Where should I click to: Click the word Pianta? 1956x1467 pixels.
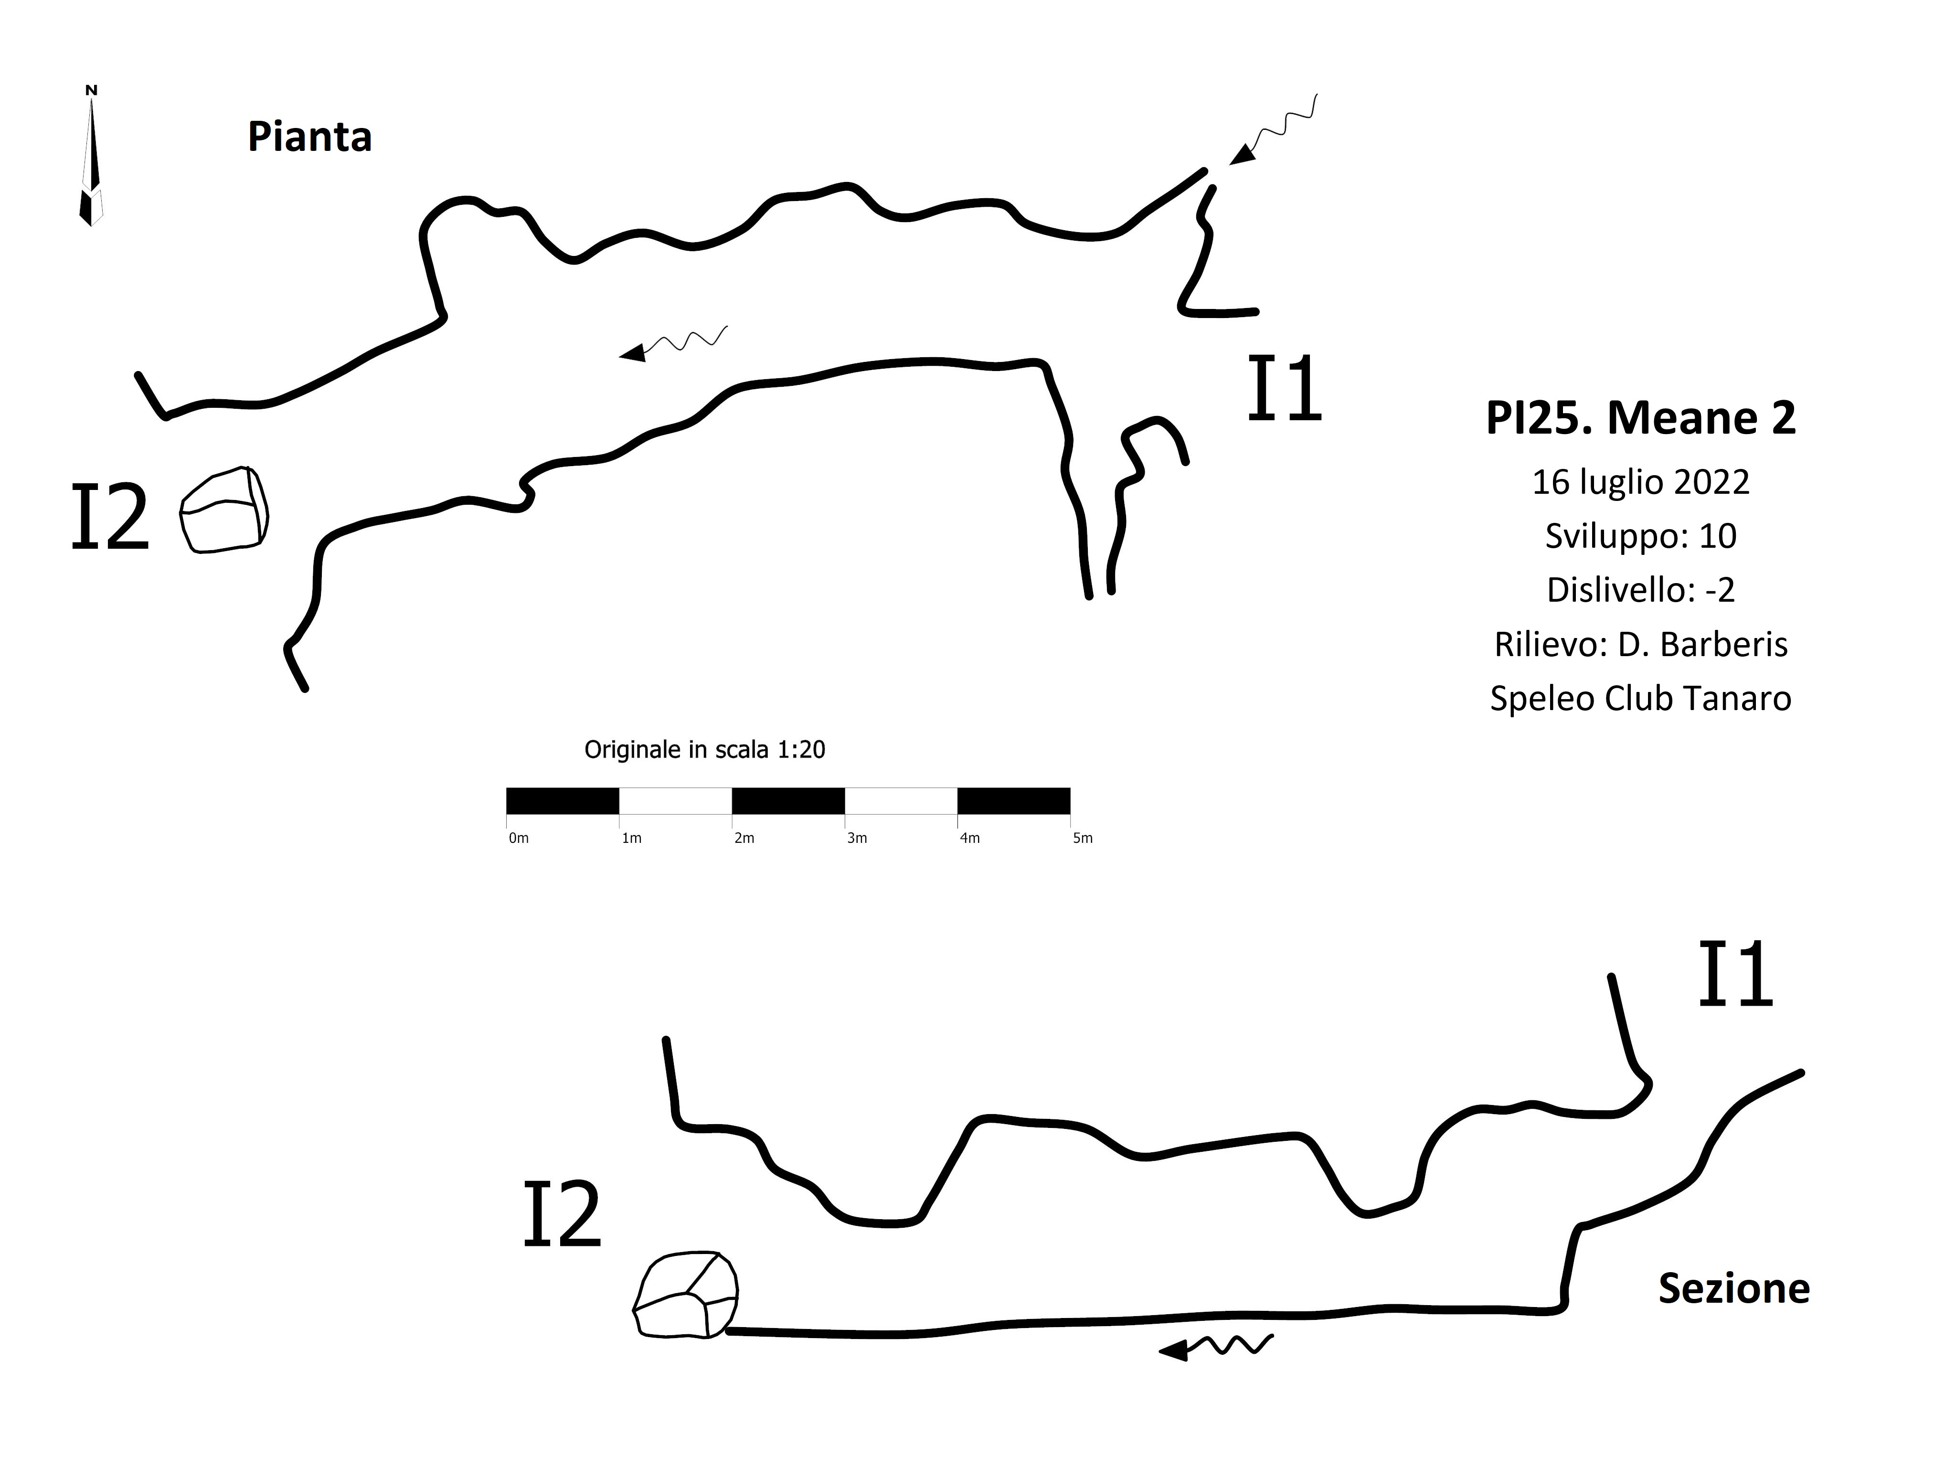click(309, 137)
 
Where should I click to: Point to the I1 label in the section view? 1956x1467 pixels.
click(1736, 975)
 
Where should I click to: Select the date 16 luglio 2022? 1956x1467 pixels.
click(1641, 482)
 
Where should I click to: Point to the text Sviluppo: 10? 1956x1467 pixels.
click(1641, 536)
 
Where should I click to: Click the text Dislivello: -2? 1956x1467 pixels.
click(1641, 590)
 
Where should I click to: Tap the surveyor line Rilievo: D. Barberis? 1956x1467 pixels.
click(1641, 645)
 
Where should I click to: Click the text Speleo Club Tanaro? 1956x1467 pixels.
click(1641, 699)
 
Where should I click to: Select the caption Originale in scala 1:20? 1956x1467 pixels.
click(705, 750)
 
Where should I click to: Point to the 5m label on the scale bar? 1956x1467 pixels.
click(1083, 838)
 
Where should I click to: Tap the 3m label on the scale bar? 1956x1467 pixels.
click(857, 838)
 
